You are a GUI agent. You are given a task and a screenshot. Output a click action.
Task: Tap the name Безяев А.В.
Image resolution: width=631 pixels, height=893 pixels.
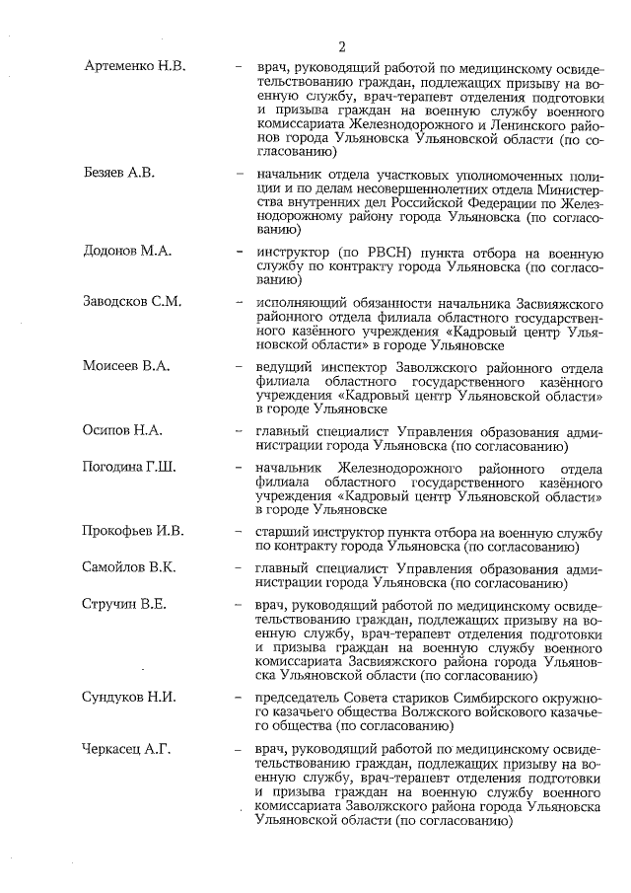(x=118, y=172)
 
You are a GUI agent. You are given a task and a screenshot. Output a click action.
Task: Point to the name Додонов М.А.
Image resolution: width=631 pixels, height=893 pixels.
(x=127, y=251)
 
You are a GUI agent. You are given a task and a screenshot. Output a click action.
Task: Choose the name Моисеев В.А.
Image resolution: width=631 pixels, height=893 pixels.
(x=126, y=366)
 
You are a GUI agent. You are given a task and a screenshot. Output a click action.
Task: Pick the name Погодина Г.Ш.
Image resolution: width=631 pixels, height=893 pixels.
(x=129, y=467)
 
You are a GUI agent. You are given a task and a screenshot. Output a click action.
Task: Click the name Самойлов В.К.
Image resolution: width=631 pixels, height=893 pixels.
(x=129, y=567)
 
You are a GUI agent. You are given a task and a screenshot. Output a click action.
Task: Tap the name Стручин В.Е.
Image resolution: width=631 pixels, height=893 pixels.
(x=125, y=604)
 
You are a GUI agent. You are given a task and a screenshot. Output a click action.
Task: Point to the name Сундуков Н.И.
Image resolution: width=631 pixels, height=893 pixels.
(x=129, y=697)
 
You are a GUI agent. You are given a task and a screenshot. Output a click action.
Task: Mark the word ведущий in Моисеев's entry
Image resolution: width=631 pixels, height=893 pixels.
(x=285, y=366)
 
